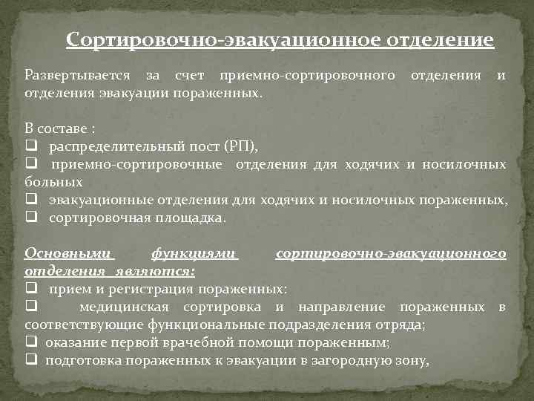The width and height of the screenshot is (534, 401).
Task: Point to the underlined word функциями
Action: tap(194, 254)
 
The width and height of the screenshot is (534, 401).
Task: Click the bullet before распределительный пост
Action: tap(30, 147)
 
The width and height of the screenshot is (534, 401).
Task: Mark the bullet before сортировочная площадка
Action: tap(30, 218)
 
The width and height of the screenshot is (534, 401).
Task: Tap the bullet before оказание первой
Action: tap(30, 342)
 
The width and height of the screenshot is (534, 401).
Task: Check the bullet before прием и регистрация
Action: tap(30, 288)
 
